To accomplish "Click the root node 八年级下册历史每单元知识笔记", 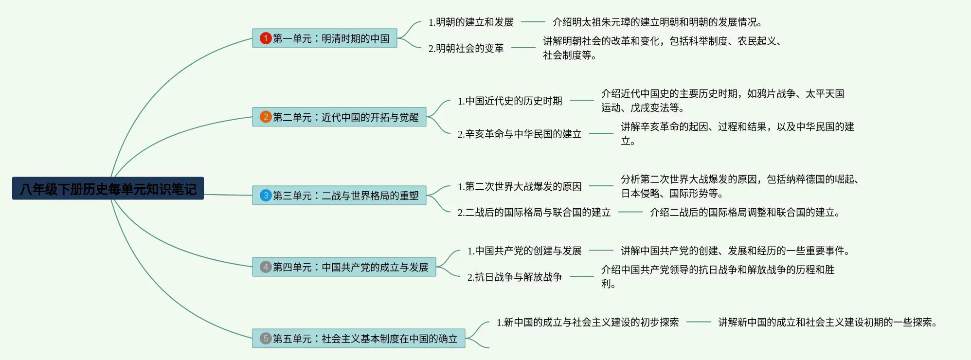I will (108, 189).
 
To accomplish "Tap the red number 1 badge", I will (266, 38).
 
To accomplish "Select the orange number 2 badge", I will (266, 117).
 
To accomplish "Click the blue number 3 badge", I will (266, 196).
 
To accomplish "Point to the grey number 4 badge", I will (266, 267).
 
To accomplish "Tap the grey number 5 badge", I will (266, 339).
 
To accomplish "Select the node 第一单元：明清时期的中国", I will (331, 38).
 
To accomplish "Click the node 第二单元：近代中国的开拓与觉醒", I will (345, 117).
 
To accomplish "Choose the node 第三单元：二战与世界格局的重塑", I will (345, 196).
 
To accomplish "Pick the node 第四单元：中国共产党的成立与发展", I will (350, 267).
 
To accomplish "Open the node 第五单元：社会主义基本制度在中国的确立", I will (365, 339).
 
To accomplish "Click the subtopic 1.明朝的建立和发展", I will (471, 22).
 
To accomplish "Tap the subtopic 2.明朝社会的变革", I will (466, 48).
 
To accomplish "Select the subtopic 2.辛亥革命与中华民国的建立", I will (520, 134).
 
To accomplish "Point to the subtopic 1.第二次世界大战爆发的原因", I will (520, 186).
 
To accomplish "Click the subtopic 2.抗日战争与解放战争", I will (515, 277).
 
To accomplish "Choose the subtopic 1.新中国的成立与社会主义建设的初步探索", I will (588, 322).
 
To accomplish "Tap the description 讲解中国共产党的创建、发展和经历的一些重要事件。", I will (736, 251).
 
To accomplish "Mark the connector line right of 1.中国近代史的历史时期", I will (582, 100).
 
